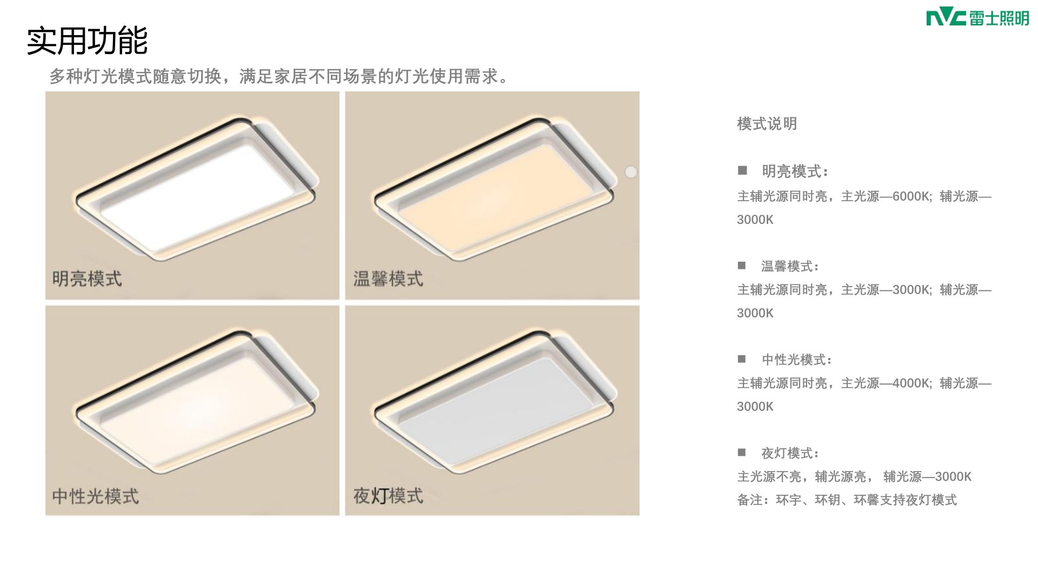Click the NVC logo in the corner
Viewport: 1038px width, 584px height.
point(977,18)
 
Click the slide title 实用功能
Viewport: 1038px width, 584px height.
point(87,41)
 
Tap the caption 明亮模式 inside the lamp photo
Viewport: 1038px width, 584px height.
point(87,279)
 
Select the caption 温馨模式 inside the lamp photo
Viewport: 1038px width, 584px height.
point(388,279)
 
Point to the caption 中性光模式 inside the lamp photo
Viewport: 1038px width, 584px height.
point(96,496)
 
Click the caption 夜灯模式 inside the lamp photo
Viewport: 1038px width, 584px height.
point(388,496)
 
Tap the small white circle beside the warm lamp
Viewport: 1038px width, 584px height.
point(631,172)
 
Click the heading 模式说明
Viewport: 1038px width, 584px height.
point(767,124)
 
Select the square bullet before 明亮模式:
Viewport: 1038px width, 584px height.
point(742,170)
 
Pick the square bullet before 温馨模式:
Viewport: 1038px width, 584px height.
point(742,266)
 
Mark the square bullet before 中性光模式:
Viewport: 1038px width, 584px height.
point(742,359)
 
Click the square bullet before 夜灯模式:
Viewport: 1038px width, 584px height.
point(742,453)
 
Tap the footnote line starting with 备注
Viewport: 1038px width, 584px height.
point(847,500)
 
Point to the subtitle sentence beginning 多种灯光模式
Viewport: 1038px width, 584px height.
point(280,76)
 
